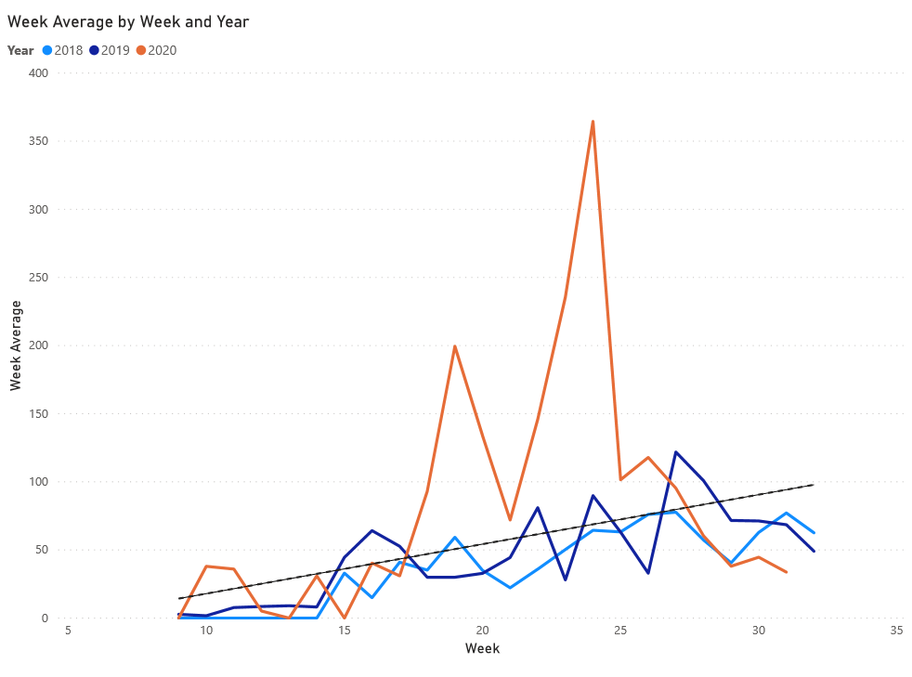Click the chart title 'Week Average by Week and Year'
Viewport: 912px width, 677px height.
pos(128,21)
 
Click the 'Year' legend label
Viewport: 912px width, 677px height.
pos(20,50)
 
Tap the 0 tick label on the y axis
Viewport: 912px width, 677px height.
pos(44,618)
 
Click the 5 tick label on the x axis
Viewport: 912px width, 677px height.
pos(68,631)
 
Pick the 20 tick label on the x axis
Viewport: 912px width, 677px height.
pos(483,631)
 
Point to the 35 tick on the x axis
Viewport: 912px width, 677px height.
pos(897,631)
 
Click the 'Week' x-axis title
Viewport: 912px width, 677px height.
pos(482,648)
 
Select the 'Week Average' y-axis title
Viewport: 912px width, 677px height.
pos(16,345)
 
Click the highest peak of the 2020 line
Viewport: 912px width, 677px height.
pos(593,122)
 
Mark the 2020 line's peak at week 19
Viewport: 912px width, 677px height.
pos(455,346)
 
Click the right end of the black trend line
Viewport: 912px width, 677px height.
pos(814,485)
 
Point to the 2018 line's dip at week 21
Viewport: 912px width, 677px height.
pos(510,588)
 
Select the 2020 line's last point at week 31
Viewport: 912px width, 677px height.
pos(787,572)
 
